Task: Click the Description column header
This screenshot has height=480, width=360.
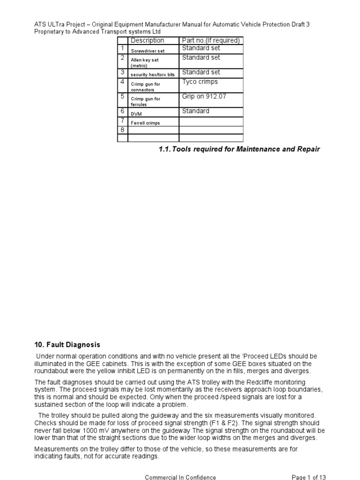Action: pos(147,41)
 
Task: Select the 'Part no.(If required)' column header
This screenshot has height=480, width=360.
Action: pos(210,41)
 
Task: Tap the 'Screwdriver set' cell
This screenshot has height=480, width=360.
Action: pos(147,51)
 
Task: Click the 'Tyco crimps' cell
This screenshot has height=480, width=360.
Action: pos(200,82)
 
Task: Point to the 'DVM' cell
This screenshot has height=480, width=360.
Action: pos(136,113)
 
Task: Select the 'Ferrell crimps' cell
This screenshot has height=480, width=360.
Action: pos(145,123)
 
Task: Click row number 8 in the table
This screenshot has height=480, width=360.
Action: pos(122,130)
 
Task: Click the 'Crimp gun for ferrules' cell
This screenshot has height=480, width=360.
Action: pos(145,102)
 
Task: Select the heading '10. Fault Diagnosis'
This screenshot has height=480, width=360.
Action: pos(67,345)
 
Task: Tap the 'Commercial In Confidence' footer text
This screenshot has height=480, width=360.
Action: pos(180,477)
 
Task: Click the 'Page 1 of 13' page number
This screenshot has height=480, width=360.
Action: pos(309,477)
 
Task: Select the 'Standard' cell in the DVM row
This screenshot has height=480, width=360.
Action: pos(195,111)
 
